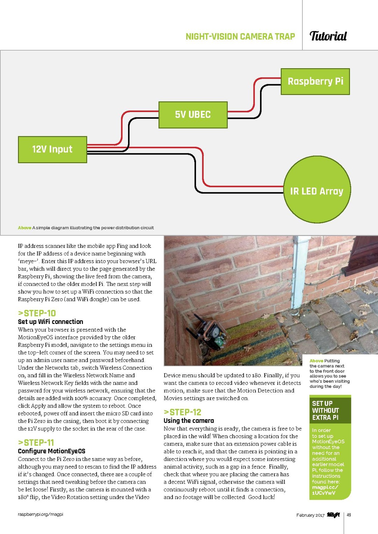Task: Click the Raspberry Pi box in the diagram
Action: (x=315, y=81)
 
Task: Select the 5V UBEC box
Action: (x=193, y=115)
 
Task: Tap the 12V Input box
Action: (x=52, y=150)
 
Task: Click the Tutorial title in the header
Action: (x=328, y=36)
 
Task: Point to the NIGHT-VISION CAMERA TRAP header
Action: (x=240, y=37)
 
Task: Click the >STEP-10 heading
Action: (x=37, y=313)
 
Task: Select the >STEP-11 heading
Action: (x=36, y=442)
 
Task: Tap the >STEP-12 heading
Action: (x=182, y=412)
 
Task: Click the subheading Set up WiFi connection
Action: (x=50, y=322)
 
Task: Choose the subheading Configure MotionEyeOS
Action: (x=51, y=451)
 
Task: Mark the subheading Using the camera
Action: (x=189, y=420)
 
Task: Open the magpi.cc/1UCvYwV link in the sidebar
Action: (x=325, y=490)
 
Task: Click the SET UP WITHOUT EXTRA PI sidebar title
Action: (x=325, y=410)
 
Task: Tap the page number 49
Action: (x=349, y=515)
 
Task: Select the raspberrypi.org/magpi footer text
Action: (x=40, y=514)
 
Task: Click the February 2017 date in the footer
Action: (x=310, y=515)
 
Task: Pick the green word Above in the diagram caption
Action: (x=24, y=228)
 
